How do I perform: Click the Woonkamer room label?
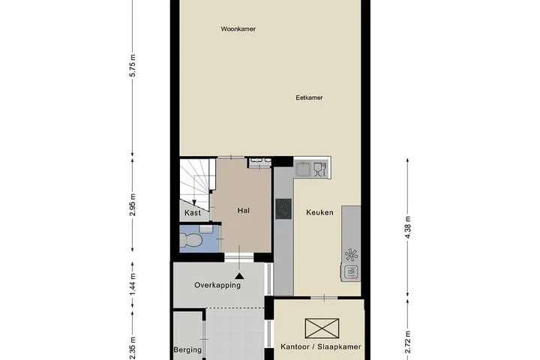pos(238,29)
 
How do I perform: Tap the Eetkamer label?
pos(309,97)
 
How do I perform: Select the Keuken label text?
pos(319,212)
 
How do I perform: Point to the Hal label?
pos(244,211)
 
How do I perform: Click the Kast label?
pos(193,213)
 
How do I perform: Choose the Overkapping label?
pos(217,285)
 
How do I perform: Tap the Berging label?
pos(187,350)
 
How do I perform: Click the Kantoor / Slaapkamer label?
pos(321,346)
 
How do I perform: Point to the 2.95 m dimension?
pos(133,205)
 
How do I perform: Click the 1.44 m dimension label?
pos(133,283)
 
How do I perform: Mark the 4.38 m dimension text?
pos(408,227)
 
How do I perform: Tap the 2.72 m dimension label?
pos(408,342)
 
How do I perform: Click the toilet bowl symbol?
pos(190,240)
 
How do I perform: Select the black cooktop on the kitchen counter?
pos(283,209)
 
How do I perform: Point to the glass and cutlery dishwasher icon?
pos(320,169)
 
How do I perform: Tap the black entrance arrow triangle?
pos(240,275)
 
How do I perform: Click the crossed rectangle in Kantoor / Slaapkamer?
pos(322,328)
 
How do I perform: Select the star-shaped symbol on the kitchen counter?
pos(351,255)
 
